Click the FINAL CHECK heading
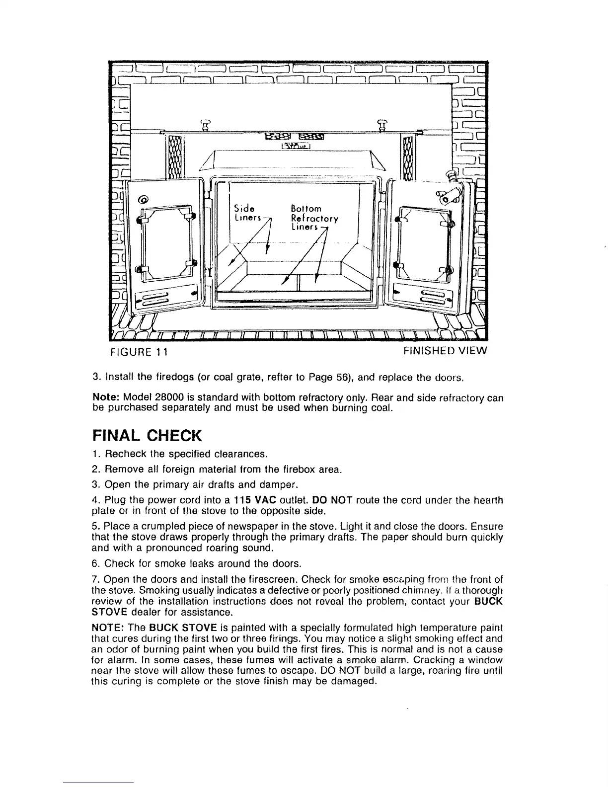[147, 436]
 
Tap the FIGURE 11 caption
[138, 352]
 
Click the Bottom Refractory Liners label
[314, 218]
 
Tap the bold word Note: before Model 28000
[106, 398]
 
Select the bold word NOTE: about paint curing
[105, 628]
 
